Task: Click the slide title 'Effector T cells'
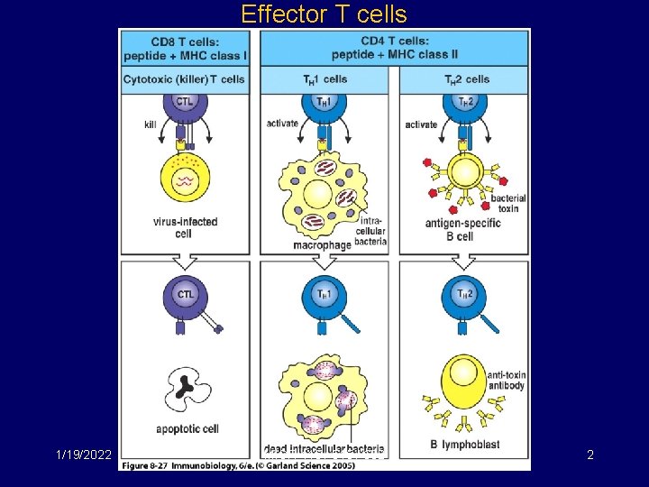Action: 324,14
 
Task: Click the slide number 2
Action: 590,455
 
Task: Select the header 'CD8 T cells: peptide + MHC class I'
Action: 185,48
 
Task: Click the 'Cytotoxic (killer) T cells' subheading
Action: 185,79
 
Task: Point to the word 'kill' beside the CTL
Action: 150,124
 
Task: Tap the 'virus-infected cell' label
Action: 184,227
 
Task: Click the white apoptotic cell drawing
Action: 184,388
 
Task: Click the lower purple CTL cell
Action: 185,294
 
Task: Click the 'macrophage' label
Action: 321,244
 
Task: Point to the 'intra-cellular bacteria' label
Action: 372,231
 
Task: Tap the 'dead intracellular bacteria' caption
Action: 324,448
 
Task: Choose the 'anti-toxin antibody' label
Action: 507,381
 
